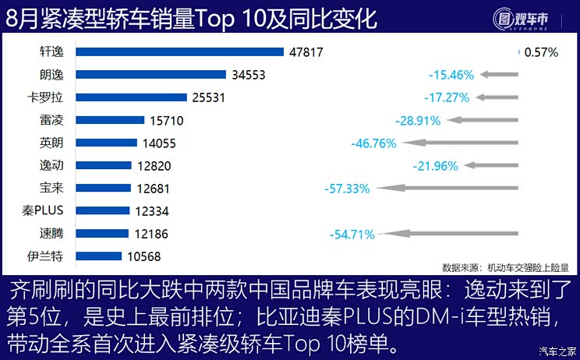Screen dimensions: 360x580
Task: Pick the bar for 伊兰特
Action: pos(100,256)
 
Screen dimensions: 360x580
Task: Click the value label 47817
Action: pos(305,52)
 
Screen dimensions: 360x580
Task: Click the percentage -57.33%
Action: pos(347,188)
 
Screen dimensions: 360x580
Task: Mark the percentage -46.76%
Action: pos(374,143)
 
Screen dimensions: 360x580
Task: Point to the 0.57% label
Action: pos(542,52)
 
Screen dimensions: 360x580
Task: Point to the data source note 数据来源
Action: pos(511,265)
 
